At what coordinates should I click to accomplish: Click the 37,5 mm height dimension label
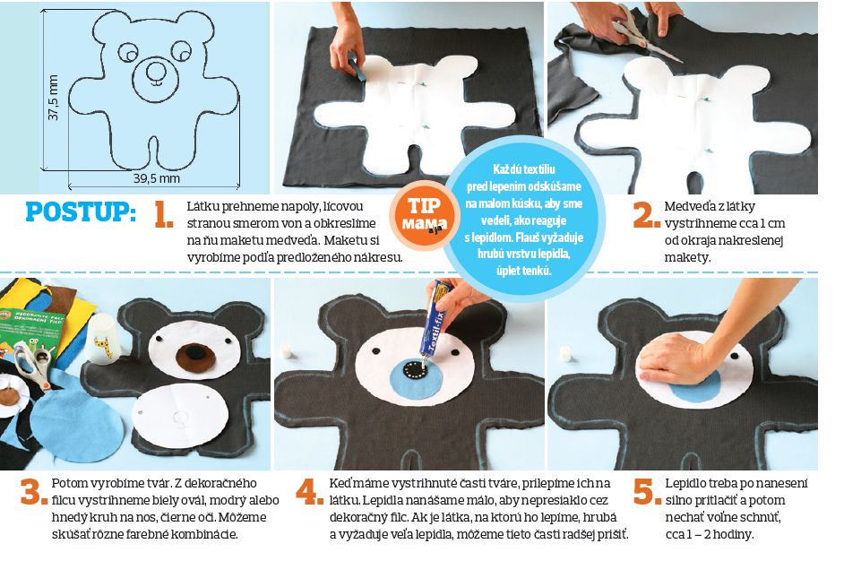click(53, 98)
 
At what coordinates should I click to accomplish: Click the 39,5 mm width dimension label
click(157, 178)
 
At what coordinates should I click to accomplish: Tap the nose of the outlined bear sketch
click(155, 71)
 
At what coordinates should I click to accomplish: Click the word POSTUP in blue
click(80, 212)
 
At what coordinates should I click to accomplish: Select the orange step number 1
click(164, 214)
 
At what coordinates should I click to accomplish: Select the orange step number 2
click(646, 214)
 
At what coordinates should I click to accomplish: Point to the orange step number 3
click(34, 491)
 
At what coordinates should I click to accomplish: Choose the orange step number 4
click(309, 491)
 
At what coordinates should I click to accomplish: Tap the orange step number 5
click(646, 491)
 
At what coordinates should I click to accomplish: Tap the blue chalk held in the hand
click(355, 67)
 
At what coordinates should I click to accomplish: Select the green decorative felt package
click(30, 330)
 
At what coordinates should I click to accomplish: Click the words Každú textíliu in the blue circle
click(523, 169)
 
